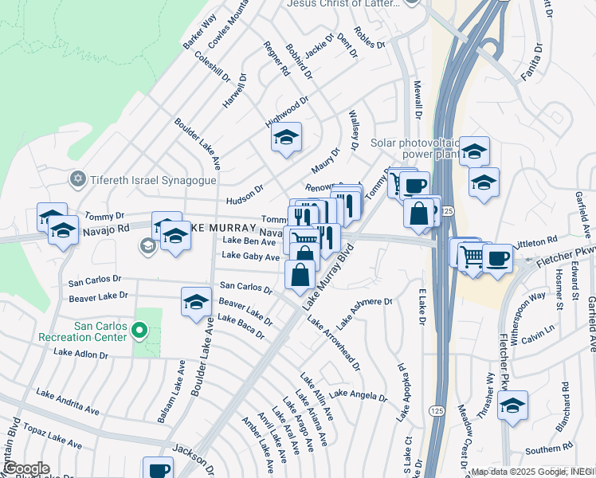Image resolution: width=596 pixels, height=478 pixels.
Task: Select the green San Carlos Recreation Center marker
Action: (139, 329)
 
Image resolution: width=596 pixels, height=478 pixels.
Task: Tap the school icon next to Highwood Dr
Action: (286, 139)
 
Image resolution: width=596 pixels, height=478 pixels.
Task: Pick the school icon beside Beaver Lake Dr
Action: (196, 302)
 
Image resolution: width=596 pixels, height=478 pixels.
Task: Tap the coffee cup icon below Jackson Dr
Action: (158, 469)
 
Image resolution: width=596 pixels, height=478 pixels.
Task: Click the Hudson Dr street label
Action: (245, 190)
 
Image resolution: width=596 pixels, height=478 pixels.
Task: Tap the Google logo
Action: (25, 468)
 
